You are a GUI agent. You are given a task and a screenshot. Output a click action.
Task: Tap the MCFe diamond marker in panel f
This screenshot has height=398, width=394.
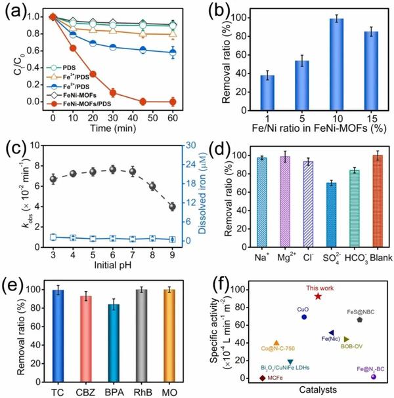point(263,378)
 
